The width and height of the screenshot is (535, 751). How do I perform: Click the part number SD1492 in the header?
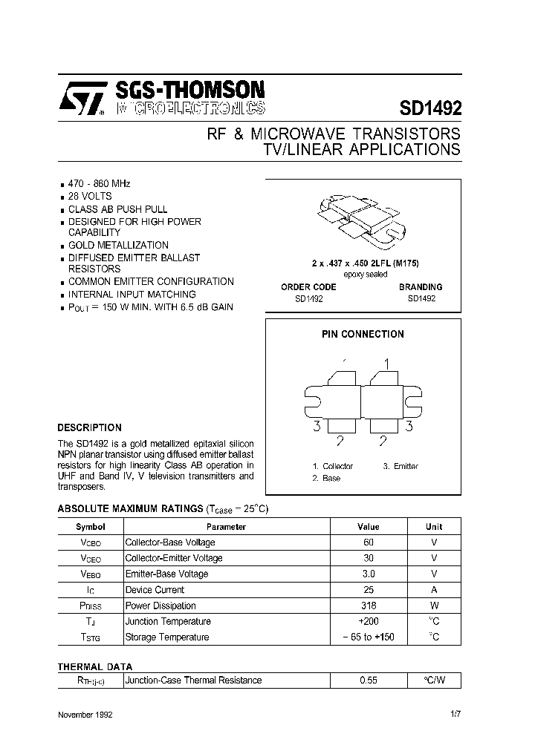(x=430, y=108)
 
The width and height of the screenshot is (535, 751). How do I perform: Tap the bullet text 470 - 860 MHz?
(x=100, y=183)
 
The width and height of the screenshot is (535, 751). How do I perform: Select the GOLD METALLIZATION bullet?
(x=118, y=245)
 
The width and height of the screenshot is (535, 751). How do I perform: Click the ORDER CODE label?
(x=308, y=286)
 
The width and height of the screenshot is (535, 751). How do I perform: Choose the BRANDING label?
(x=420, y=286)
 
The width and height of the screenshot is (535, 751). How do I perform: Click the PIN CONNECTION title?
(x=363, y=334)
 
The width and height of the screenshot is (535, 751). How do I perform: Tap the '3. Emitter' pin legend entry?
(x=401, y=466)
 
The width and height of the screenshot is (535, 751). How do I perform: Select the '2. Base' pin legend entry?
(x=326, y=478)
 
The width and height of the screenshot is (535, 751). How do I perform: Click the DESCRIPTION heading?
(x=89, y=427)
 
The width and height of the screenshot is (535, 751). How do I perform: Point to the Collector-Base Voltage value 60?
(x=369, y=542)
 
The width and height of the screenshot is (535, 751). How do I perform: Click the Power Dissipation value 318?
(x=369, y=606)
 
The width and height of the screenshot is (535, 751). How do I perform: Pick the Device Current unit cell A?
(x=434, y=590)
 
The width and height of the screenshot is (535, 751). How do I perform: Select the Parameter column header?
(x=226, y=526)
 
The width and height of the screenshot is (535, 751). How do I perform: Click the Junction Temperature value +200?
(x=369, y=621)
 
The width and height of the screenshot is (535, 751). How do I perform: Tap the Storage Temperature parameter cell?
(x=167, y=637)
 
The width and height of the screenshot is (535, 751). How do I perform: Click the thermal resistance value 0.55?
(x=369, y=680)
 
